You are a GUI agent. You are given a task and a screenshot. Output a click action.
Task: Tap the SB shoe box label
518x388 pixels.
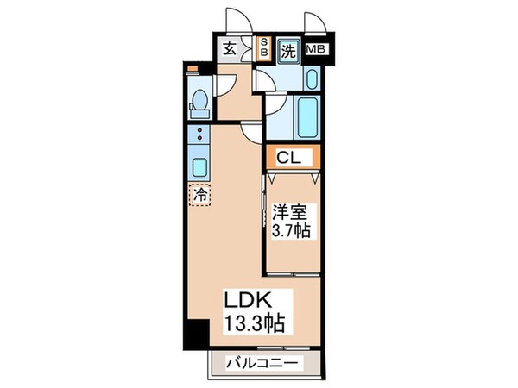265,49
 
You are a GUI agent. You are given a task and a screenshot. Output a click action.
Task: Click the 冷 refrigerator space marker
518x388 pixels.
199,195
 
